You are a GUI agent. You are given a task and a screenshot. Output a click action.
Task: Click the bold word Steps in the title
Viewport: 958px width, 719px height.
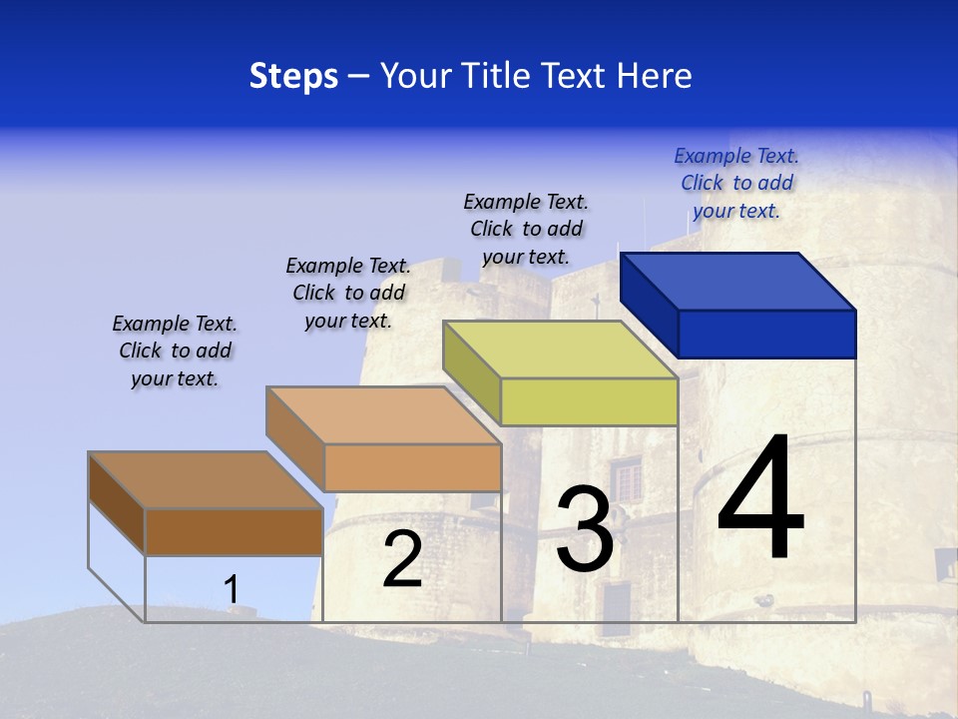(293, 76)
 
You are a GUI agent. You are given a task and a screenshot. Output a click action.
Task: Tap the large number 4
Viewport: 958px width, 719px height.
(761, 498)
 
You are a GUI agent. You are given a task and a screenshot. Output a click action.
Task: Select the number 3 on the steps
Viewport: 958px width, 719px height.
(585, 529)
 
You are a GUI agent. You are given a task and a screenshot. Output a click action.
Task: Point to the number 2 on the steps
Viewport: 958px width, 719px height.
(402, 560)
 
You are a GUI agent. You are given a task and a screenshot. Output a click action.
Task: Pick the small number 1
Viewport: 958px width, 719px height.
(232, 590)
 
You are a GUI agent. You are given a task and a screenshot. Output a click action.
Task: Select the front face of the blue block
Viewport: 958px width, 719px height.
(766, 334)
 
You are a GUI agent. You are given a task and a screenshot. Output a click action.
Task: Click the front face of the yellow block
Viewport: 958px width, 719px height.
(589, 401)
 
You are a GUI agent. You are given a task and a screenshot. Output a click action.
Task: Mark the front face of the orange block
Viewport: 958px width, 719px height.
(412, 467)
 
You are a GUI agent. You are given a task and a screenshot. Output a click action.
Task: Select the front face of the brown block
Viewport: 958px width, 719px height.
(234, 531)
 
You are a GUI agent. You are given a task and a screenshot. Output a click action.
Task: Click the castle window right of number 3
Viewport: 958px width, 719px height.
(628, 478)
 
